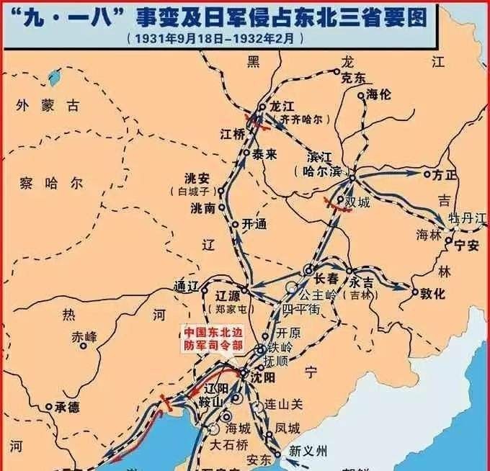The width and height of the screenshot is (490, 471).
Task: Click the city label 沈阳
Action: point(260,376)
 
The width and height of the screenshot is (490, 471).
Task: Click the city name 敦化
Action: point(433,293)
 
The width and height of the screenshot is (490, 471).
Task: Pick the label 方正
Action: point(445,174)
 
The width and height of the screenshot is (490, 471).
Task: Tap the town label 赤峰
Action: point(84,336)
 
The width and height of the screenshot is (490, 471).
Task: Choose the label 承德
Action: point(66,408)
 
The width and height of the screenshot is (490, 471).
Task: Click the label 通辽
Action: point(187,284)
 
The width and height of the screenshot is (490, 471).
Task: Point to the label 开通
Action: point(254,225)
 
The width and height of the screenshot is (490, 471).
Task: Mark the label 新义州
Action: point(308,452)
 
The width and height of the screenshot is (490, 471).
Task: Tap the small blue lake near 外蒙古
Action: point(54,75)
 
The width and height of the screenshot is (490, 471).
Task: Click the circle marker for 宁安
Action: point(449,241)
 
